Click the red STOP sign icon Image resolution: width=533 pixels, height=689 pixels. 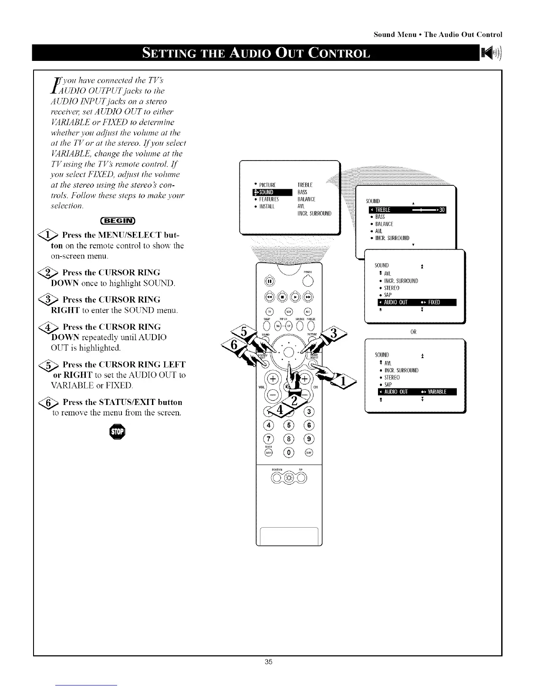[x=117, y=432]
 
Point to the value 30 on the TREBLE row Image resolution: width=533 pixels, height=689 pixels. [x=442, y=210]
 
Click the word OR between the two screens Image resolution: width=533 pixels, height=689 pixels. [x=413, y=332]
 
